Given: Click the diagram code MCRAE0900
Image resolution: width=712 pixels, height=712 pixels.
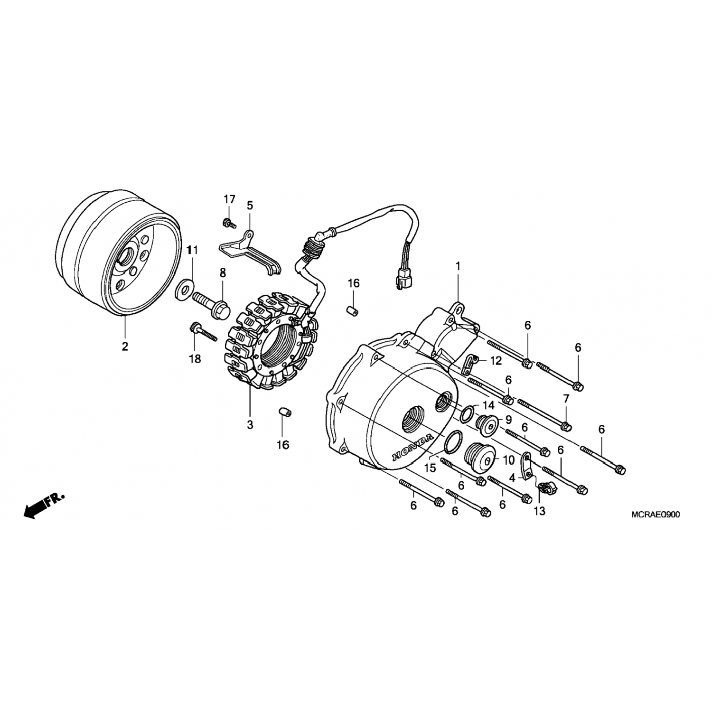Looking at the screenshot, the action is pyautogui.click(x=655, y=515).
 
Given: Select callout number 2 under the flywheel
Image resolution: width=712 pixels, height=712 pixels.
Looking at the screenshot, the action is pyautogui.click(x=125, y=347).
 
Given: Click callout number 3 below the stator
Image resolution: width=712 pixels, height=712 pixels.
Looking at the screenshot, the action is pyautogui.click(x=250, y=424).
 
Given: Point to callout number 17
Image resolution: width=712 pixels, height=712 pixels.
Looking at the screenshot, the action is pyautogui.click(x=230, y=199).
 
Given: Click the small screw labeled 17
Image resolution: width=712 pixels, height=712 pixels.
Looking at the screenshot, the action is pyautogui.click(x=229, y=222).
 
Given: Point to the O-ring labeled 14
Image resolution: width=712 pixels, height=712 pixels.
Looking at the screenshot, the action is pyautogui.click(x=468, y=413).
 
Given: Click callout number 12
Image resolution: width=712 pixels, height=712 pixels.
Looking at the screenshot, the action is pyautogui.click(x=495, y=362).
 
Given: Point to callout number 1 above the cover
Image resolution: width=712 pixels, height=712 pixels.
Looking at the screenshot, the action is pyautogui.click(x=458, y=267).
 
